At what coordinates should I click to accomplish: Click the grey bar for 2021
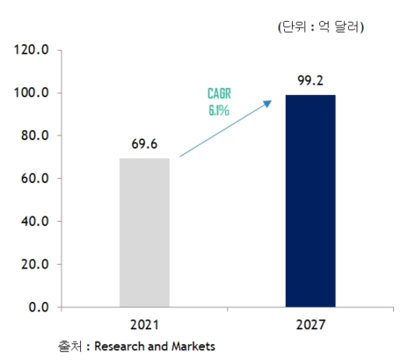pos(144,232)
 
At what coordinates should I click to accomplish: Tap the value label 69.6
pos(144,142)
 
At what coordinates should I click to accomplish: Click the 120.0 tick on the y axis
pos(31,50)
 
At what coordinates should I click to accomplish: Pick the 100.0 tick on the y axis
pos(31,93)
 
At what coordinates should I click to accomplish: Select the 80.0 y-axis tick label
pos(33,136)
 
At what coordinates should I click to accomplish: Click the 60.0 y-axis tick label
pos(33,179)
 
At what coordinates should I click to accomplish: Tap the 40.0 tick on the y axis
pos(33,222)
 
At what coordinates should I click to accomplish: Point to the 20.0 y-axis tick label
pos(33,264)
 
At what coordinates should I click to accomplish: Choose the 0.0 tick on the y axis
pos(37,307)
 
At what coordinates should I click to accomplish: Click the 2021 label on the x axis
pos(144,325)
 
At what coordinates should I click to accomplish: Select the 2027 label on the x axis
pos(310,325)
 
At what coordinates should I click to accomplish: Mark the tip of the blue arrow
pos(269,102)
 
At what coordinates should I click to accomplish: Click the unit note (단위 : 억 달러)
pos(320,28)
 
